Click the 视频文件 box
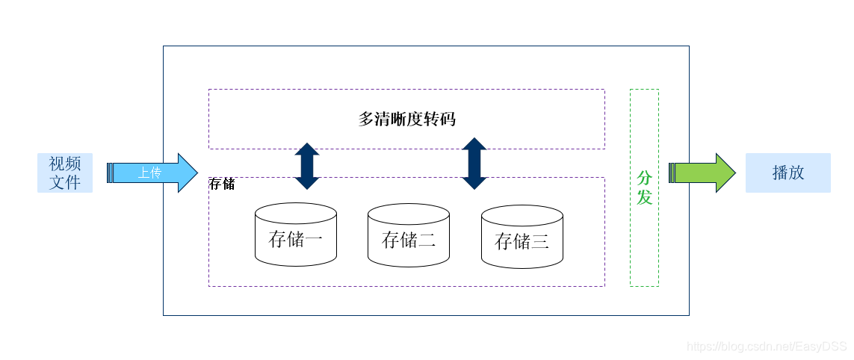click(65, 173)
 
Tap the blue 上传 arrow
click(153, 173)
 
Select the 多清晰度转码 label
click(406, 119)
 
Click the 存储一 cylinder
click(295, 235)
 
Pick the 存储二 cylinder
click(408, 235)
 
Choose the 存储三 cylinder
click(522, 236)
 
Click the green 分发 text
click(644, 187)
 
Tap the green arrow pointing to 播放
click(702, 173)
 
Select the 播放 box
click(788, 173)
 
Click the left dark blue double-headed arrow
click(307, 166)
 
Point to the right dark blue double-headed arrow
click(474, 164)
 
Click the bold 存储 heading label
click(222, 184)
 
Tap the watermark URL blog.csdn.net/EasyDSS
click(767, 347)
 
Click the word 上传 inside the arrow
click(149, 173)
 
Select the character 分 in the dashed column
click(644, 179)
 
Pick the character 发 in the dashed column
click(644, 197)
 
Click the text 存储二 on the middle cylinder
click(408, 240)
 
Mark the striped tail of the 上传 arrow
click(111, 173)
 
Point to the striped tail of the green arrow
click(672, 173)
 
